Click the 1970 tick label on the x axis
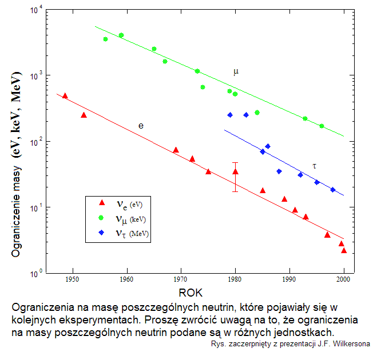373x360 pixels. coord(180,279)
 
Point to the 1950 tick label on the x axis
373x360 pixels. coord(72,279)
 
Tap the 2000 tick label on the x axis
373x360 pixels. coord(343,279)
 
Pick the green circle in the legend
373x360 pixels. coord(102,218)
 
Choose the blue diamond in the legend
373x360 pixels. coord(102,233)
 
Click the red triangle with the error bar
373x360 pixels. coord(235,171)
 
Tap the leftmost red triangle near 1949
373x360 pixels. coord(65,96)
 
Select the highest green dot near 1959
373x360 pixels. coord(121,35)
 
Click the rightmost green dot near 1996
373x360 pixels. coord(322,126)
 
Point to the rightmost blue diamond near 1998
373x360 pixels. coord(332,190)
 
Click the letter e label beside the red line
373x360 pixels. coord(141,125)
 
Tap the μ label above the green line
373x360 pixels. coord(236,72)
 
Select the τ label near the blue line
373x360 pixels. coord(314,166)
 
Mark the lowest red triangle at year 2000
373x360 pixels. coord(344,251)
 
